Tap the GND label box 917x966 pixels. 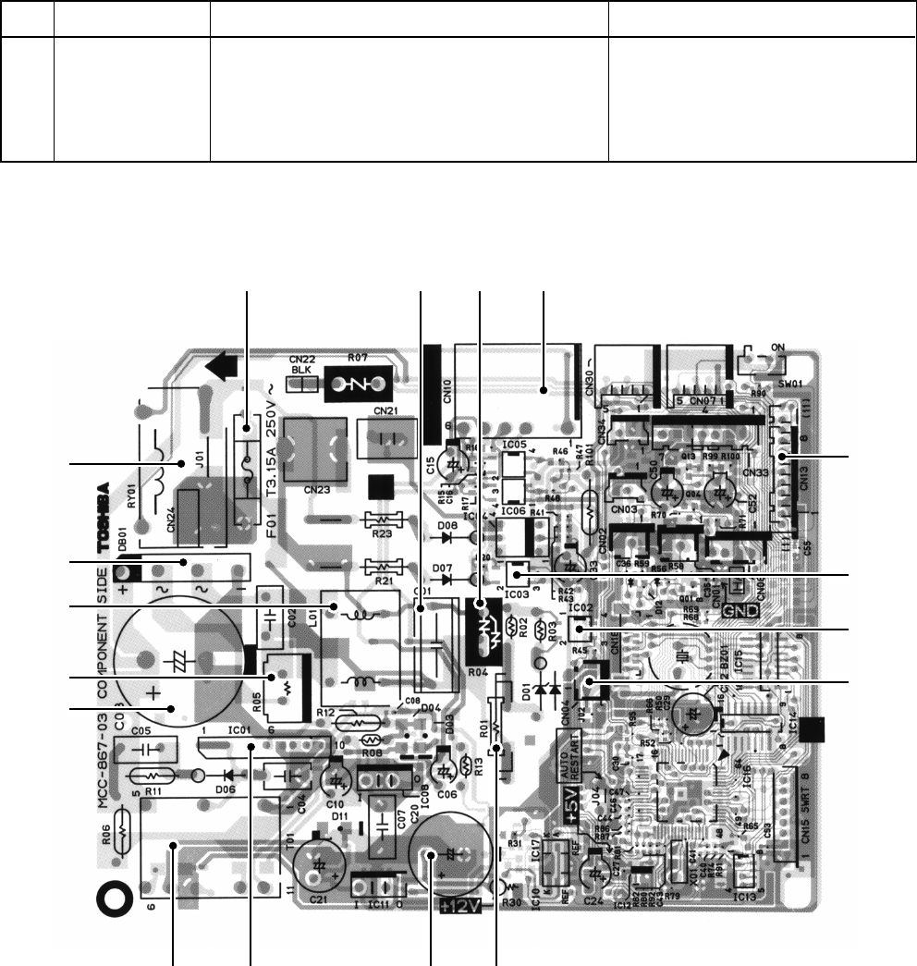coord(739,610)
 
